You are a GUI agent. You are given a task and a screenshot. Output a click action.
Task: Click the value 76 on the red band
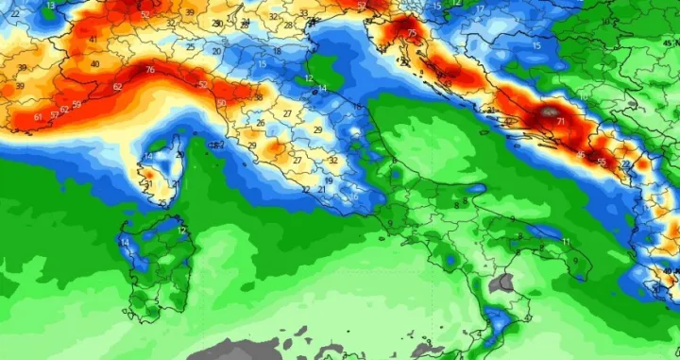click(150, 71)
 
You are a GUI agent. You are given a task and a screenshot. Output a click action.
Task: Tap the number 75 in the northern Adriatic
click(412, 34)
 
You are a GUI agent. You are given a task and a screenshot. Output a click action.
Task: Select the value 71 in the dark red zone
click(561, 122)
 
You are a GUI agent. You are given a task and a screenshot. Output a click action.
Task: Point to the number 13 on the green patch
click(50, 6)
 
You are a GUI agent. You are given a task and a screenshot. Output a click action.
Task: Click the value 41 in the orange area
click(93, 39)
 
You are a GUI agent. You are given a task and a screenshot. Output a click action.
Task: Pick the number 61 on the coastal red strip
click(38, 116)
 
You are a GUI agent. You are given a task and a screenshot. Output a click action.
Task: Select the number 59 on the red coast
click(76, 105)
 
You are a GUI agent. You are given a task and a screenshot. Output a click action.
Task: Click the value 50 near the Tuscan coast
click(221, 103)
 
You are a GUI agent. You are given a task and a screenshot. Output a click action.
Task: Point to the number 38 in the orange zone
click(258, 97)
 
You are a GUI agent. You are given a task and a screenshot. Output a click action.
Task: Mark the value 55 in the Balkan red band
click(602, 163)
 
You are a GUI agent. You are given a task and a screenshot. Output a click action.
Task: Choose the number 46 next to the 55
click(580, 155)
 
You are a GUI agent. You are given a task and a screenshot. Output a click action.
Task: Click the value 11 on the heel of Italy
click(566, 242)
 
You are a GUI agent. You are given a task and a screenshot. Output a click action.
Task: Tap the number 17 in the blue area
click(480, 9)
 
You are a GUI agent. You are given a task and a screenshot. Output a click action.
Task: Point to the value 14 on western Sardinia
click(125, 243)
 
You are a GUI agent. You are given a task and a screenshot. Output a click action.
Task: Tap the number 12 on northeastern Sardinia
click(181, 230)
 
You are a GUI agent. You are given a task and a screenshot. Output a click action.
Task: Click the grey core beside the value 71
click(548, 114)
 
